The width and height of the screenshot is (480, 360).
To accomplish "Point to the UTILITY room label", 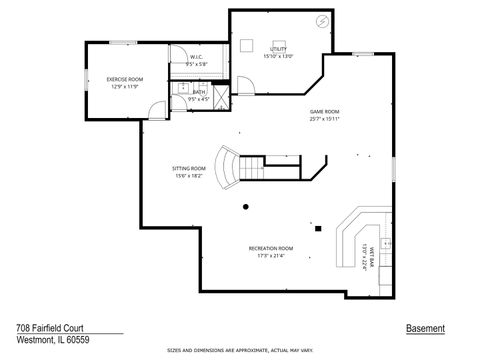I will pyautogui.click(x=278, y=49).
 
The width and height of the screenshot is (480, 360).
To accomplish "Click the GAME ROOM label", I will pyautogui.click(x=325, y=111).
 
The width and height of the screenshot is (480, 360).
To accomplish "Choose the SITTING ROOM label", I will pyautogui.click(x=188, y=169).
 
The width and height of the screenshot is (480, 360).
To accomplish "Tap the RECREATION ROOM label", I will pyautogui.click(x=271, y=247).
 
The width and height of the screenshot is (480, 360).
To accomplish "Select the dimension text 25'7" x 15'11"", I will pyautogui.click(x=325, y=119).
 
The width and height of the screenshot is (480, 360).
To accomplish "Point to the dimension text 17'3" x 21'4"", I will pyautogui.click(x=271, y=255).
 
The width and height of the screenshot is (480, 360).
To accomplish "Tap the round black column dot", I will pyautogui.click(x=245, y=206).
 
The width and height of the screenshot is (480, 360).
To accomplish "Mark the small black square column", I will pyautogui.click(x=317, y=228).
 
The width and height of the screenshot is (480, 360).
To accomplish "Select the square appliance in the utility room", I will pyautogui.click(x=247, y=46).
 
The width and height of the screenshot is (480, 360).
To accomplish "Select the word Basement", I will pyautogui.click(x=425, y=328).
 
